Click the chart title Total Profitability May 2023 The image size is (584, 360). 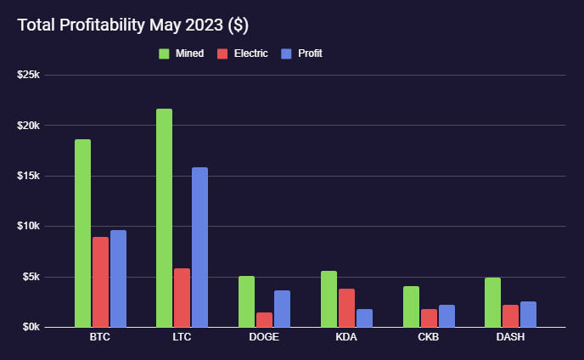132,25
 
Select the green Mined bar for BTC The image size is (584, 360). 82,233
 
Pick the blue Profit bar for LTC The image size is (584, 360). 199,247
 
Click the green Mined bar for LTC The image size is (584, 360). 164,217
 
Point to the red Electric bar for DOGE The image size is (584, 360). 264,319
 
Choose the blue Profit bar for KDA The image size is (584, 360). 364,318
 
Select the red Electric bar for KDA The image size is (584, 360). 346,307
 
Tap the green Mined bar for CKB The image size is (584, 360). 411,307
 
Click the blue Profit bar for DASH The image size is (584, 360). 528,314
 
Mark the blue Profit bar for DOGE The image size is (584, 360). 282,308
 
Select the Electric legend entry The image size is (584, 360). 243,53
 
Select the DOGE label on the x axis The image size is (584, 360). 264,337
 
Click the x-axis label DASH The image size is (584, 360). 510,337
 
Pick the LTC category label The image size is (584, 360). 182,337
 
